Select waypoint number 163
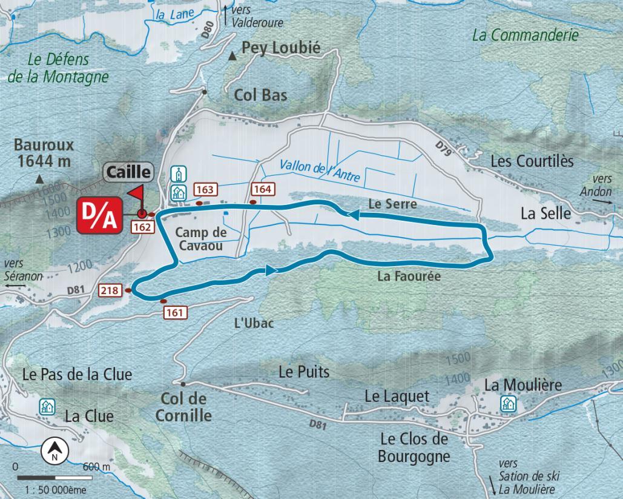tap(205, 190)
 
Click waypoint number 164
tap(262, 189)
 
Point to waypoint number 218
tap(110, 291)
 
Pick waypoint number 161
tap(175, 312)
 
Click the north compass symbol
tap(54, 452)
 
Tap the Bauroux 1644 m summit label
tap(44, 153)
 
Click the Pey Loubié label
tap(280, 49)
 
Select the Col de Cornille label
tap(183, 407)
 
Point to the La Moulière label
tap(523, 385)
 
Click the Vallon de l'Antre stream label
tap(320, 170)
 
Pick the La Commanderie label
tap(525, 35)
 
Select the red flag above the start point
tap(135, 193)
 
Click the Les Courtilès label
tap(532, 161)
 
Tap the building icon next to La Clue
tap(47, 407)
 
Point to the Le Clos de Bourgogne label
tap(414, 447)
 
